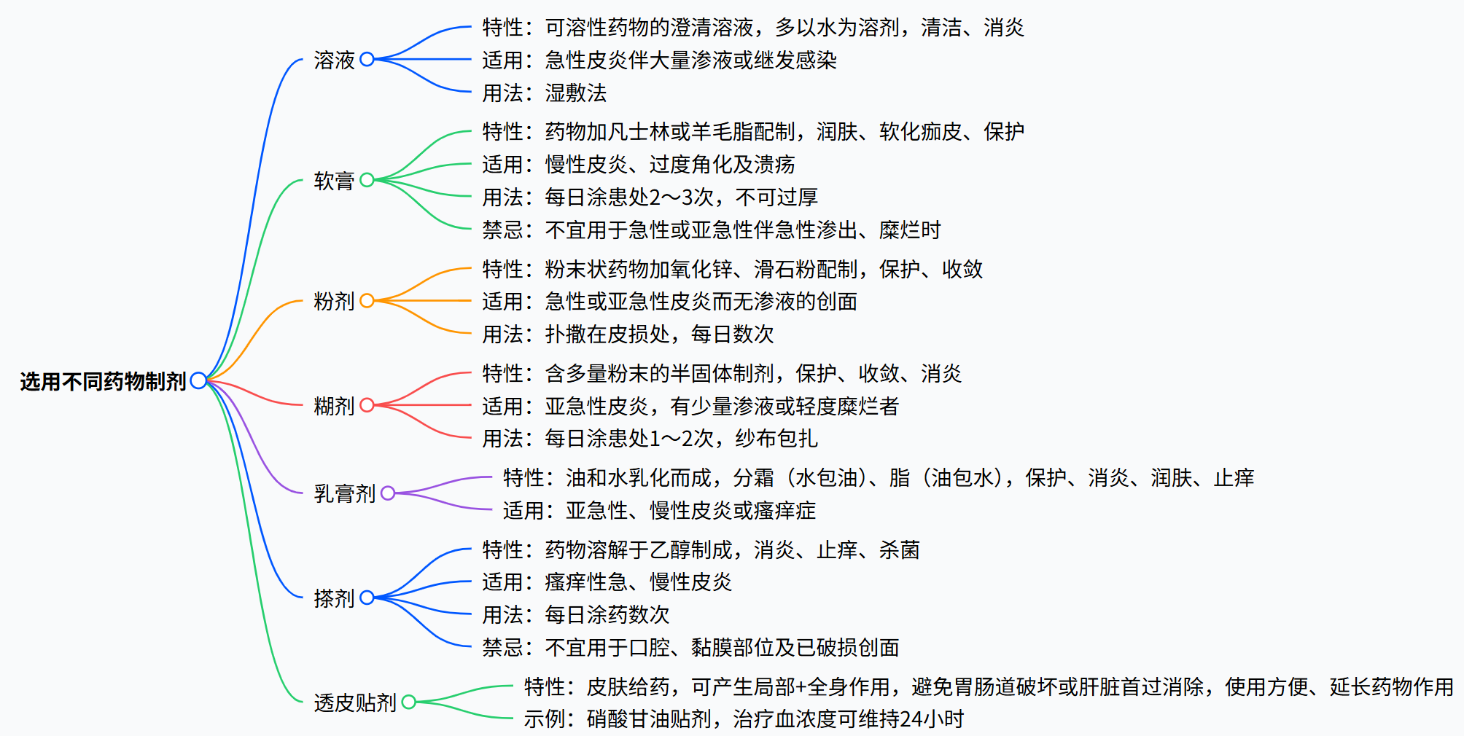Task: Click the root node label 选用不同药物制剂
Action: (x=103, y=381)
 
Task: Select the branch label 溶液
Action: (x=334, y=60)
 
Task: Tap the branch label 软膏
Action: (x=334, y=181)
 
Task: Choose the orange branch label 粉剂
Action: (x=334, y=301)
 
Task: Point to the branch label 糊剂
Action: (x=334, y=406)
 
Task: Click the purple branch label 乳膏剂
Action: (x=344, y=494)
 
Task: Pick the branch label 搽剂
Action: (x=334, y=598)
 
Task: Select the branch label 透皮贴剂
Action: (x=354, y=702)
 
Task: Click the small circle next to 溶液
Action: (x=367, y=59)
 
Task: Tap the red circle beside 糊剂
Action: (x=367, y=405)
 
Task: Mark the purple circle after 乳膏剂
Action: (x=388, y=493)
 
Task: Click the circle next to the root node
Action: (x=198, y=380)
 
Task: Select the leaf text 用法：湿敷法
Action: (x=544, y=93)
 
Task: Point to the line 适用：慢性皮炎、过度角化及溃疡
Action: (x=638, y=165)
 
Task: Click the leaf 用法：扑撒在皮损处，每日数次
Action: (x=628, y=334)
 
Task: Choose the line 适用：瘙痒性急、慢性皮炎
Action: (x=607, y=582)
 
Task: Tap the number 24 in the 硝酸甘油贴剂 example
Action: (x=911, y=719)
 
